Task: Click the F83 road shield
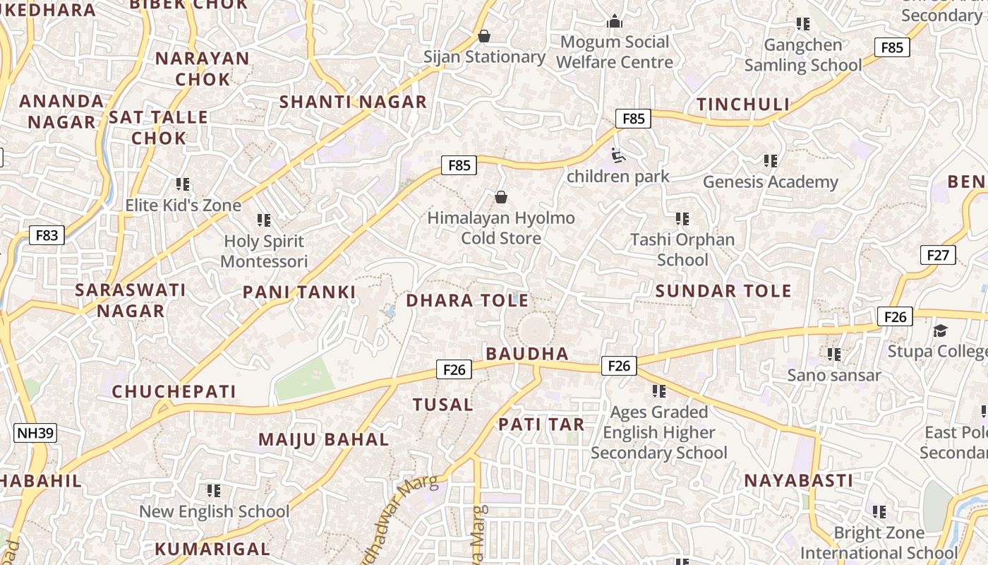point(47,235)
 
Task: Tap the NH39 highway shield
point(35,432)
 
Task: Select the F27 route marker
point(938,255)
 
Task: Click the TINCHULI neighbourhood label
point(743,105)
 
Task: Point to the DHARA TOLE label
point(467,300)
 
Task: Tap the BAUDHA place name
point(527,353)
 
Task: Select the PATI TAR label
point(541,424)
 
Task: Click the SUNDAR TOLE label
point(723,290)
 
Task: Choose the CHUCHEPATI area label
point(174,391)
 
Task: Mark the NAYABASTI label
point(799,480)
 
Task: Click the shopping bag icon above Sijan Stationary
point(484,35)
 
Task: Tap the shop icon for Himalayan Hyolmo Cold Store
point(501,197)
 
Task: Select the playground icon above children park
point(618,155)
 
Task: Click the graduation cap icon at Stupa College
point(940,331)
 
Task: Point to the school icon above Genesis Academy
point(771,161)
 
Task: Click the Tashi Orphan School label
point(682,249)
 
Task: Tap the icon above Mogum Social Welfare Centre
point(615,22)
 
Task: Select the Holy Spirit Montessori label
point(264,251)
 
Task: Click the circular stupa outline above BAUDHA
point(534,330)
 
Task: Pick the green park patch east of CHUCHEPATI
point(305,380)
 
